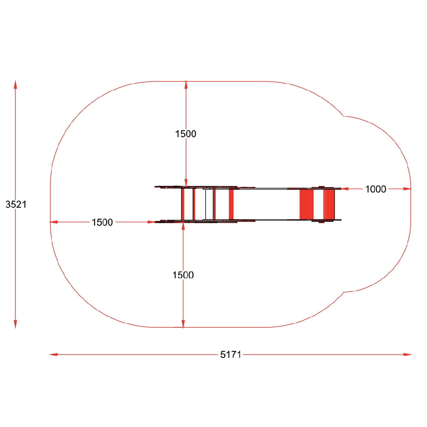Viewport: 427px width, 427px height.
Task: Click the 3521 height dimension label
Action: pos(16,204)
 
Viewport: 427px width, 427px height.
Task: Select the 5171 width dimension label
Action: pos(231,354)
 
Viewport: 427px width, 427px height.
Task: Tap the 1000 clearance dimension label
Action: pos(376,189)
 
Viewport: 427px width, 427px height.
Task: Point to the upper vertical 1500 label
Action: pos(186,134)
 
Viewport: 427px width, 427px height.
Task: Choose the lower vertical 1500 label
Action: pos(183,275)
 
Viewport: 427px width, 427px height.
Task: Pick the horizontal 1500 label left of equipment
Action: pos(102,222)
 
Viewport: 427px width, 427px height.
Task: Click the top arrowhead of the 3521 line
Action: pos(15,84)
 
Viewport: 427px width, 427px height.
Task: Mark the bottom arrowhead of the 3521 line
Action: pos(15,324)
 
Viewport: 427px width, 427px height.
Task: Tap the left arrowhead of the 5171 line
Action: pos(53,354)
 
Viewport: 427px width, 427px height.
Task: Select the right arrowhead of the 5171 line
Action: pos(408,354)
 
